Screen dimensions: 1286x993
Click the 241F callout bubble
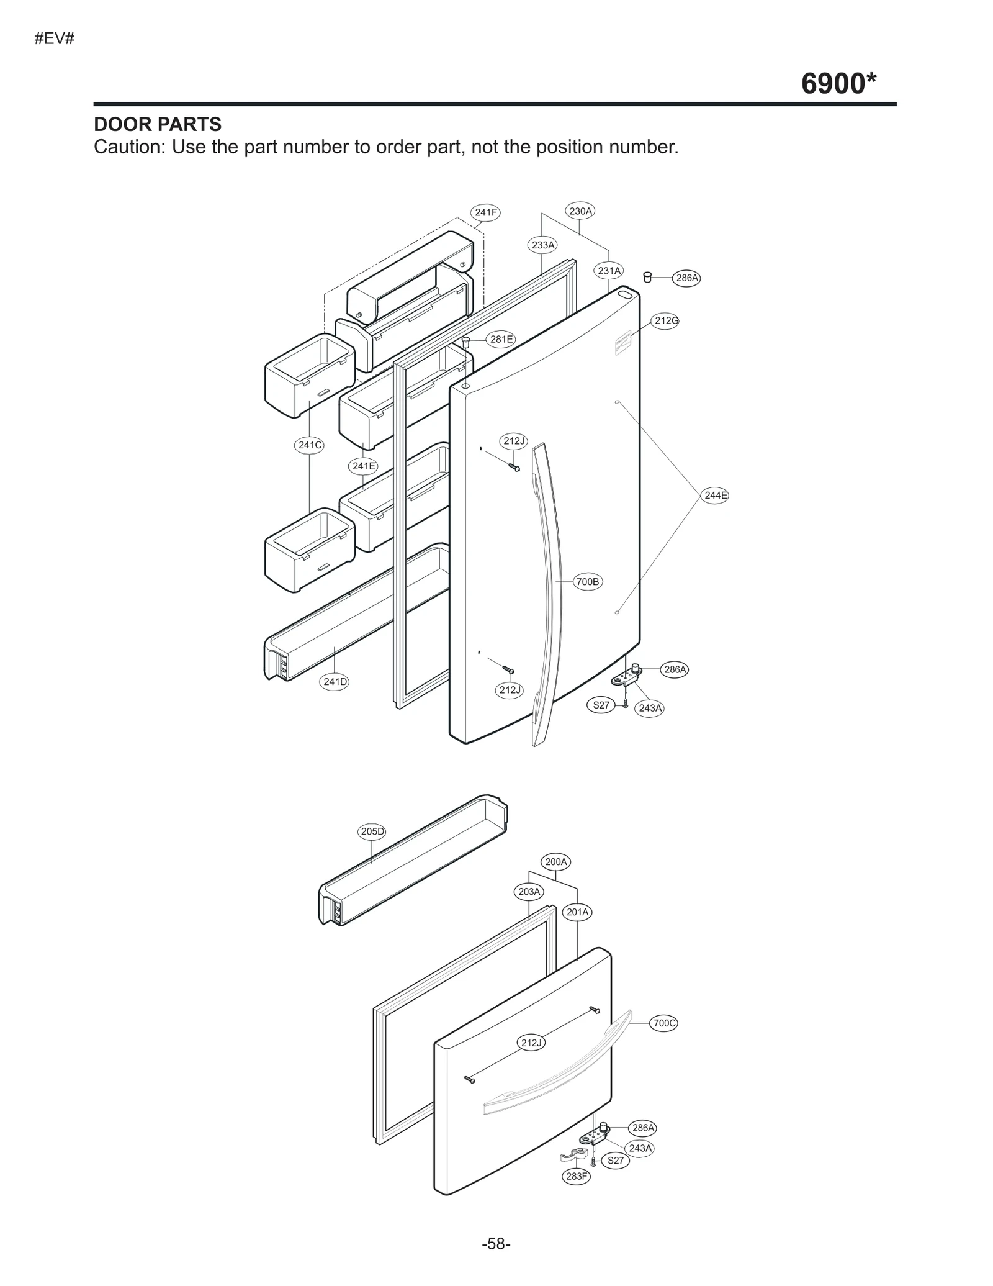486,212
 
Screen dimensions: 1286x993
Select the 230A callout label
580,211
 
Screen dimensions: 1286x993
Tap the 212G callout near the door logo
666,320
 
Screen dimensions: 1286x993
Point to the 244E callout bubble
715,495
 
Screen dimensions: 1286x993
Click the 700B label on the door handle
587,582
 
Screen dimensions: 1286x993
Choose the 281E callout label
501,339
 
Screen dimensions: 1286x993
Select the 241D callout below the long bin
335,682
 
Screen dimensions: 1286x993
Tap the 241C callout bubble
309,445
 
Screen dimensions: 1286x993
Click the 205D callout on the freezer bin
372,831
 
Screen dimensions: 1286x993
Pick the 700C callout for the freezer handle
664,1023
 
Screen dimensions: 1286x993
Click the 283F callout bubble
577,1176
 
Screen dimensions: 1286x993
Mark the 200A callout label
556,862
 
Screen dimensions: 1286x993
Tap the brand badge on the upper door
622,343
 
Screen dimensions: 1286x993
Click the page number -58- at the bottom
496,1244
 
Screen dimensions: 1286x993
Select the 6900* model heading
838,83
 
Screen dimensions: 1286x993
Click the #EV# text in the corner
55,38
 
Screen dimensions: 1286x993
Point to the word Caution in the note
128,147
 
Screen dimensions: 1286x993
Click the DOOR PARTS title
158,124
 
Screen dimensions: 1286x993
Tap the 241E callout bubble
364,466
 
